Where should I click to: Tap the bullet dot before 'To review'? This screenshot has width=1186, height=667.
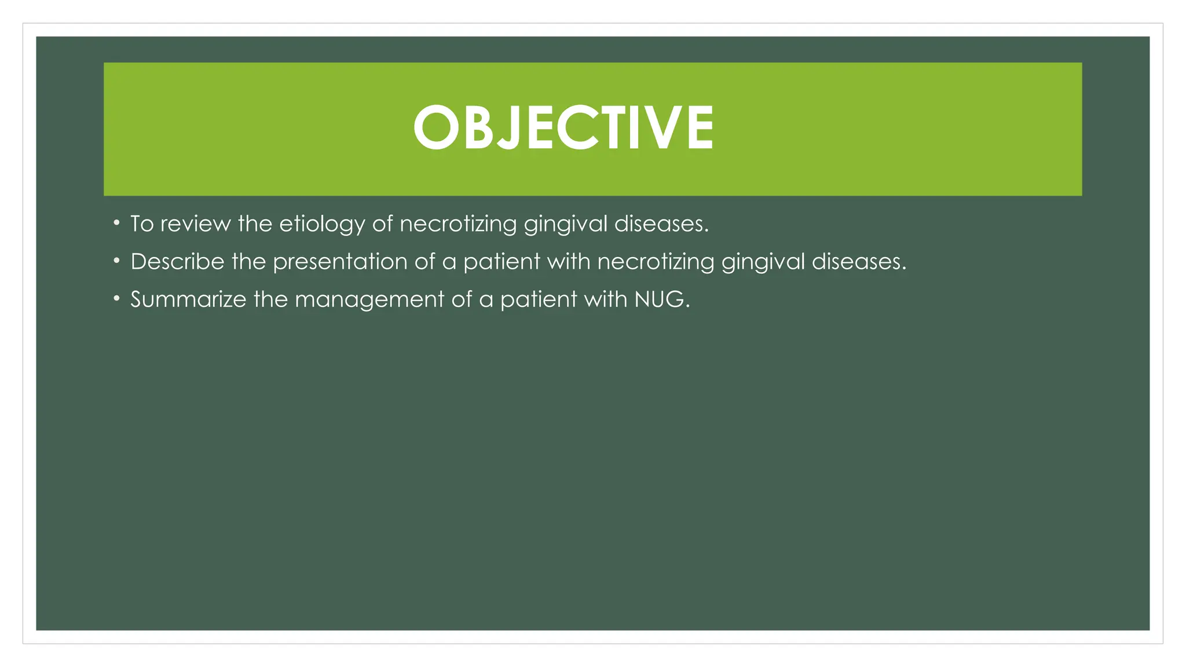pyautogui.click(x=117, y=223)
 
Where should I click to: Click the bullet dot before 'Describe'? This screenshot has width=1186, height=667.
pyautogui.click(x=117, y=261)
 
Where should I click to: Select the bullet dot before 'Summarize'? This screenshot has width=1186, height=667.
pyautogui.click(x=117, y=299)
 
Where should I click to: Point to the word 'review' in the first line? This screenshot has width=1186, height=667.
pyautogui.click(x=195, y=224)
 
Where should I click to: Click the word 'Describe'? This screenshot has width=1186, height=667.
pyautogui.click(x=177, y=262)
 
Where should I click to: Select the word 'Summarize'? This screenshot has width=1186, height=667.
pyautogui.click(x=188, y=299)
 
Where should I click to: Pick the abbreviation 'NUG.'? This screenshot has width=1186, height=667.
pyautogui.click(x=662, y=299)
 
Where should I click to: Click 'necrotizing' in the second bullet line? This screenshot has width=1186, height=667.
pyautogui.click(x=656, y=262)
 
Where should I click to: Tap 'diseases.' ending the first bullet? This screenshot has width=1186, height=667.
pyautogui.click(x=661, y=224)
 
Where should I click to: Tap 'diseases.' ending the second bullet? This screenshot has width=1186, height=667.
pyautogui.click(x=859, y=262)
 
